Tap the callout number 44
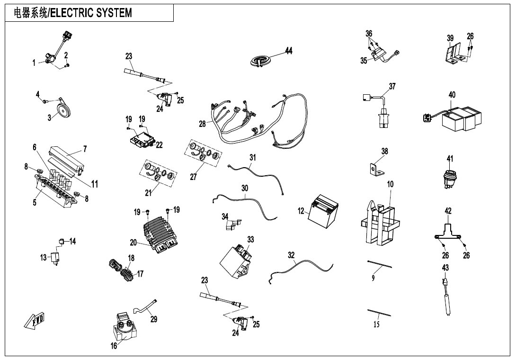click(x=289, y=51)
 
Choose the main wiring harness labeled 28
click(x=260, y=121)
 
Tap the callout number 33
click(x=250, y=240)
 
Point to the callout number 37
click(x=392, y=86)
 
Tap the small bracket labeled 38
click(x=376, y=168)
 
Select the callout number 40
click(x=452, y=95)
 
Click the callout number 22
click(x=159, y=145)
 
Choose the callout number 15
click(x=376, y=324)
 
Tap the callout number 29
click(x=154, y=319)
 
